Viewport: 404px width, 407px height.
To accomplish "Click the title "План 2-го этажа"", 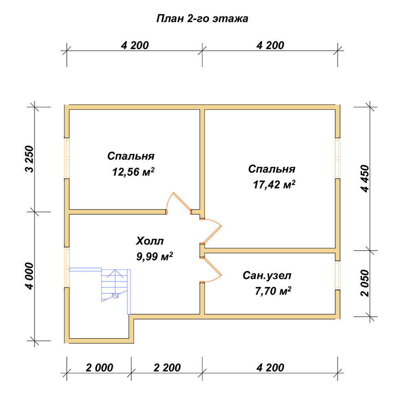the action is [x=202, y=19].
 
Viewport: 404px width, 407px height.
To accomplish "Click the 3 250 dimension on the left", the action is [x=30, y=159].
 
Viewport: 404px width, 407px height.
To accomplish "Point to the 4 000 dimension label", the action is [x=30, y=276].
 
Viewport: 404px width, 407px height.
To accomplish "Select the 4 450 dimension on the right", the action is [x=365, y=178].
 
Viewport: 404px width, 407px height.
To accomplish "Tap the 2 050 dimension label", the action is [x=365, y=283].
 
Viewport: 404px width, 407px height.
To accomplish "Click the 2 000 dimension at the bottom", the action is [x=99, y=368].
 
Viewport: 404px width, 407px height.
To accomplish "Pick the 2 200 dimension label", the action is [x=167, y=368].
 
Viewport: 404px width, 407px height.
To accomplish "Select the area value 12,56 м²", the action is [x=133, y=172].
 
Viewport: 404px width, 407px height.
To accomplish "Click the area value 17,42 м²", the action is [x=274, y=184].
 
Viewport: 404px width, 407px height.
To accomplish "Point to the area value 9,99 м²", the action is [x=155, y=256].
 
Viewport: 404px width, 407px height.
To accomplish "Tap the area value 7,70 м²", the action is [x=273, y=291].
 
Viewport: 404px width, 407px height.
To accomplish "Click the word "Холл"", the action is [x=150, y=241].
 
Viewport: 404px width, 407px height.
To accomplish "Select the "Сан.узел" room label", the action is [x=267, y=276].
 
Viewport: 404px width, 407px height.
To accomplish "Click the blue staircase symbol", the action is [x=114, y=286].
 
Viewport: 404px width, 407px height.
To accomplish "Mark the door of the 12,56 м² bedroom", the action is [x=179, y=204].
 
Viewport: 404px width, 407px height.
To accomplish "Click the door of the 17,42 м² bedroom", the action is [x=211, y=232].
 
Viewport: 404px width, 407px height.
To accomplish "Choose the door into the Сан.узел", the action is [x=211, y=270].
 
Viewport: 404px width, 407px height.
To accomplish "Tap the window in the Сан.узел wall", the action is [x=338, y=275].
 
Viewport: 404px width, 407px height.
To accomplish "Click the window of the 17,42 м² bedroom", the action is [x=338, y=158].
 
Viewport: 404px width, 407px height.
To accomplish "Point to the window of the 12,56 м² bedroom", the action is [x=67, y=158].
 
